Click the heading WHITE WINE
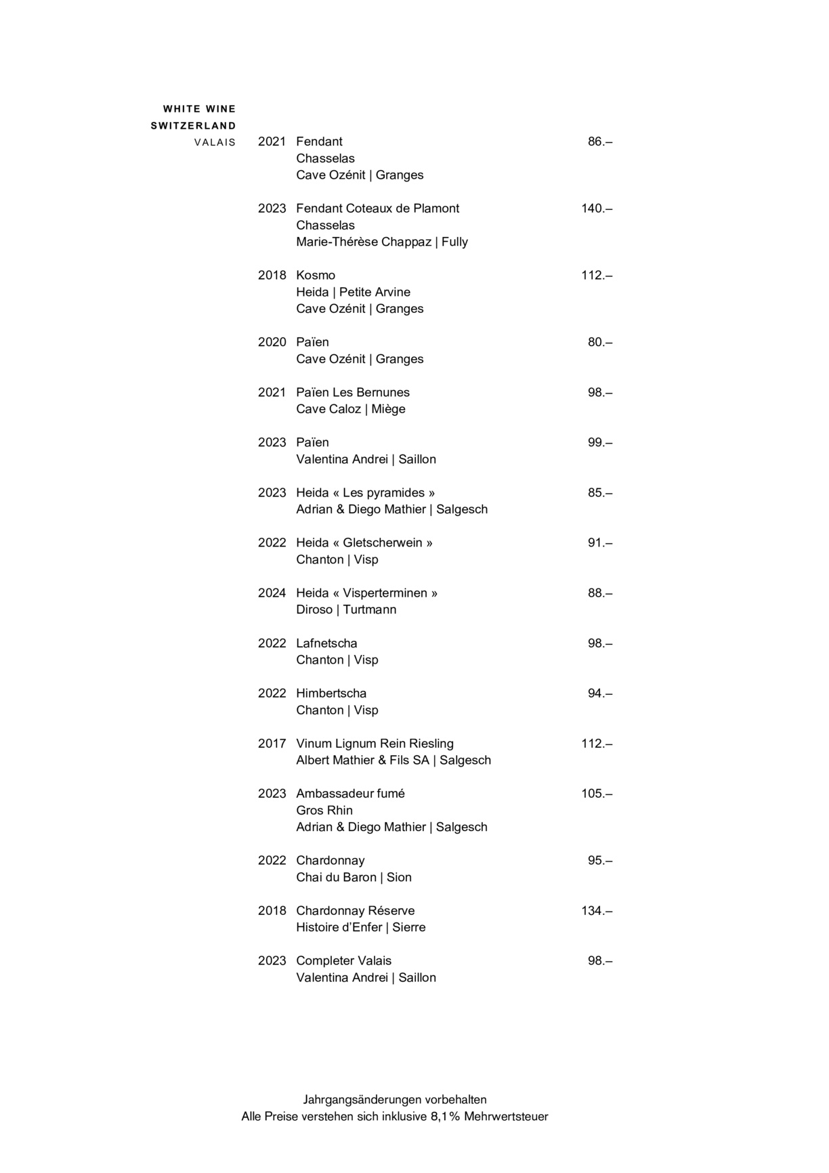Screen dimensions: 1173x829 point(199,109)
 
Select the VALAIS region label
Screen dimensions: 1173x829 point(215,142)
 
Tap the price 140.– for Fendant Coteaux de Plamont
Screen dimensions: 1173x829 point(596,209)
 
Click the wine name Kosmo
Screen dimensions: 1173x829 point(316,276)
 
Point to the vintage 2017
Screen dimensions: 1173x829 point(272,744)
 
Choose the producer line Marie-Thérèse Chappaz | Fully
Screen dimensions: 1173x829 point(382,242)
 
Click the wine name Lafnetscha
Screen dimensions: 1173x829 point(326,643)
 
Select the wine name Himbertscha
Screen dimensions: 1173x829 point(331,694)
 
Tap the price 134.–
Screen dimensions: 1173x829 point(596,911)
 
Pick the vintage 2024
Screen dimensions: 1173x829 point(272,593)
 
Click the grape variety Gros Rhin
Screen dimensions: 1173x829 point(324,811)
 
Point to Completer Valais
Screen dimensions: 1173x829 point(343,961)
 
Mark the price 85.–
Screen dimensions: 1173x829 point(599,493)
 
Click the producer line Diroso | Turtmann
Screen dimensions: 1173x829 point(346,610)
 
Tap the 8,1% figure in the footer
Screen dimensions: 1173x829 point(445,1117)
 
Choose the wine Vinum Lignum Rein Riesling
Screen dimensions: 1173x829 point(375,744)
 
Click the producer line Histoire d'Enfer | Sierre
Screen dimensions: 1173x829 point(361,927)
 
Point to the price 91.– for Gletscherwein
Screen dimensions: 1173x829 point(599,543)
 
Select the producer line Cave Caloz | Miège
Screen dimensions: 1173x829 point(351,409)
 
